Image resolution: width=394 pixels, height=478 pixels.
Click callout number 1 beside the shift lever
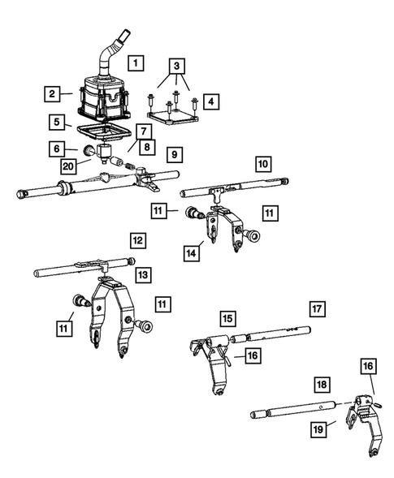tap(136, 62)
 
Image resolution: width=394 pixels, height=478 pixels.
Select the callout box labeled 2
tap(52, 94)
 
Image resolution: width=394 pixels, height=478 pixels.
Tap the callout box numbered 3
tap(177, 66)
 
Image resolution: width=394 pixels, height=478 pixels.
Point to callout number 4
tap(211, 101)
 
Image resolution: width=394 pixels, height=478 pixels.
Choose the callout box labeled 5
tap(57, 122)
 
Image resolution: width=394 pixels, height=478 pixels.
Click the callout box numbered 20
tap(68, 166)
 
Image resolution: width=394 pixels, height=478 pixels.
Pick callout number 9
tap(175, 154)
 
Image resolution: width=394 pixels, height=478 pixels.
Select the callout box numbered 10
tap(263, 164)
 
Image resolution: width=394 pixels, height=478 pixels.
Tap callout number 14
tap(192, 253)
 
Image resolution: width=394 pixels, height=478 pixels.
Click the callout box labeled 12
tap(138, 240)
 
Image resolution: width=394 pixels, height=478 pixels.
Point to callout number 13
tap(143, 275)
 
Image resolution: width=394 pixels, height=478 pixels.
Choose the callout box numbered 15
tap(227, 319)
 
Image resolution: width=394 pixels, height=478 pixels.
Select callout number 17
tap(317, 309)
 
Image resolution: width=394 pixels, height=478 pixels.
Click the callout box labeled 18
tap(322, 385)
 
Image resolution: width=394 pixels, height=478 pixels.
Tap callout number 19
tap(318, 429)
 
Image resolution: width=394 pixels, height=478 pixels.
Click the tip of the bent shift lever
tap(125, 32)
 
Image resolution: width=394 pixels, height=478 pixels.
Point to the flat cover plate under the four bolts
tap(174, 118)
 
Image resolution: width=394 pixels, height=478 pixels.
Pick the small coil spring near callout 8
tap(130, 166)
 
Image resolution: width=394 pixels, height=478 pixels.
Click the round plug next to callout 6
tap(89, 150)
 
